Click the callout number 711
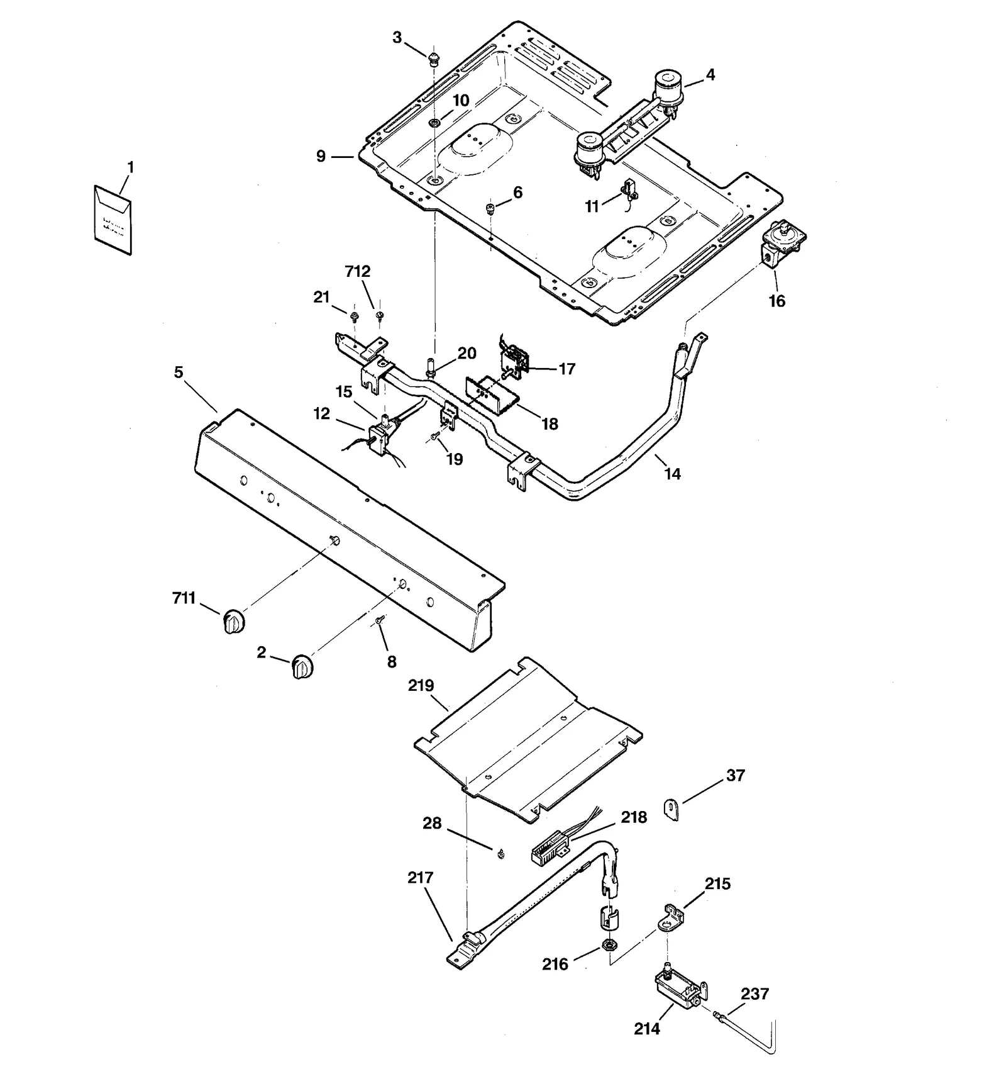(184, 598)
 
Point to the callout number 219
(421, 685)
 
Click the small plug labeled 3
(433, 60)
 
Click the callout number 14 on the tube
(672, 474)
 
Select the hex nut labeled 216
(608, 944)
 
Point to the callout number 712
(358, 271)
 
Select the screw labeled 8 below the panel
(379, 620)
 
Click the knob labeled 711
(233, 622)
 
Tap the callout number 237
(754, 993)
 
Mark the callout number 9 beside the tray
(321, 155)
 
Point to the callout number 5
(179, 372)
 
